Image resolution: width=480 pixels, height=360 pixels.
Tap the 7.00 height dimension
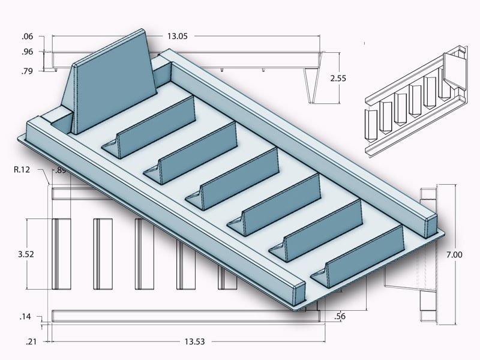click(x=455, y=254)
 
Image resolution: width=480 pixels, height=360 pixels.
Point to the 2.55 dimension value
click(x=338, y=78)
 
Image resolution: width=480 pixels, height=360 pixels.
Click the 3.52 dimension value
click(x=26, y=254)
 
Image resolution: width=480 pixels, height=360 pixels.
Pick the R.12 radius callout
click(x=23, y=170)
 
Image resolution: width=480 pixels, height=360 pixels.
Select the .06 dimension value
click(x=27, y=36)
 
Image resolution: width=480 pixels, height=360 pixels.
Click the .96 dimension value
click(x=27, y=52)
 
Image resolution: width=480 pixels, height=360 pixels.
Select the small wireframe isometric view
click(x=415, y=99)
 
